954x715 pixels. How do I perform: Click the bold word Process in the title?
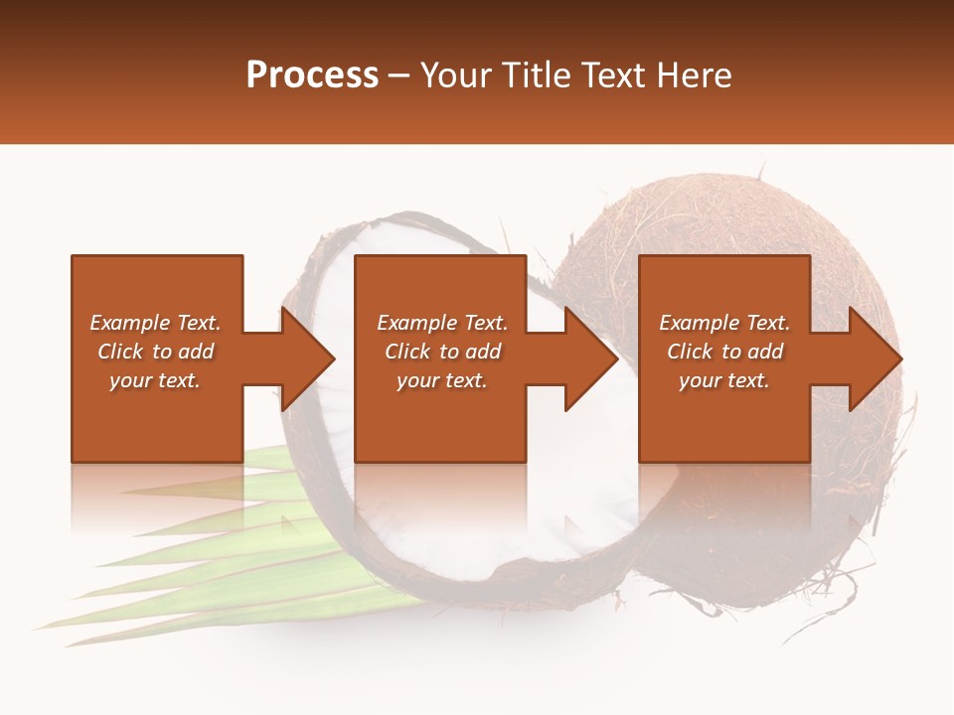coord(312,75)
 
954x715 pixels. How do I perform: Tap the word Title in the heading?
coord(537,75)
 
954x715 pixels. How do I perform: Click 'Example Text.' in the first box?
coord(155,323)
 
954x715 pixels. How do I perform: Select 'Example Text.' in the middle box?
coord(441,323)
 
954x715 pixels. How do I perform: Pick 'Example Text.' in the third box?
coord(724,323)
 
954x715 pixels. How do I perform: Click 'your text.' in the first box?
coord(155,380)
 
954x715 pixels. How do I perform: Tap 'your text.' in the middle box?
coord(441,380)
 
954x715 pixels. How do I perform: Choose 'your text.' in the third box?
coord(724,380)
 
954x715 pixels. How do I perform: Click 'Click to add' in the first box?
coord(155,352)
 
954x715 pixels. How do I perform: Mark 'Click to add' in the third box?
coord(724,352)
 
